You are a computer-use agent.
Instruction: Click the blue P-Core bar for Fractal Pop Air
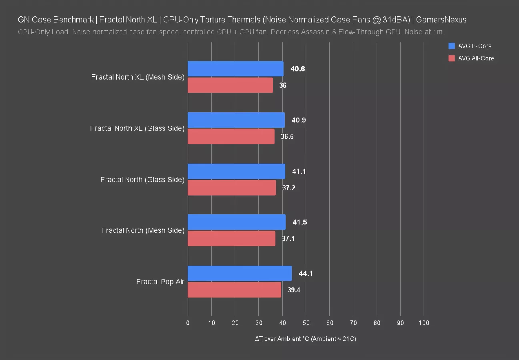[239, 273]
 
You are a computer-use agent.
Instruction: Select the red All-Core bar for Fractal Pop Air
[234, 290]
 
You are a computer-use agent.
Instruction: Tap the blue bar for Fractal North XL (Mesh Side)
[235, 69]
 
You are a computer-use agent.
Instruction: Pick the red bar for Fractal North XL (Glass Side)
[231, 136]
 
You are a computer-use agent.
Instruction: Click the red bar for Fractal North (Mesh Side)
[231, 238]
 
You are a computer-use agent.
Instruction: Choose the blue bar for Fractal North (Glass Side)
[236, 171]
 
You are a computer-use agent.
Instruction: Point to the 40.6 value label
[297, 69]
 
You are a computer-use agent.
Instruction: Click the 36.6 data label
[287, 136]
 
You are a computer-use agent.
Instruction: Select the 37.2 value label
[289, 188]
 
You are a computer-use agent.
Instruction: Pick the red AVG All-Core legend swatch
[452, 58]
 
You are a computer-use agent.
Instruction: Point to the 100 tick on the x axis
[423, 323]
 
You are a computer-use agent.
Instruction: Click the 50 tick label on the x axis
[306, 323]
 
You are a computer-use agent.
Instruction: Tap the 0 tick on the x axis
[188, 323]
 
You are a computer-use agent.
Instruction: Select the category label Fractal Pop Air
[160, 282]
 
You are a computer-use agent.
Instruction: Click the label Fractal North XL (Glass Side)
[137, 128]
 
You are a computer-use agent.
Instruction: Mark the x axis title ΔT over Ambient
[305, 339]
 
